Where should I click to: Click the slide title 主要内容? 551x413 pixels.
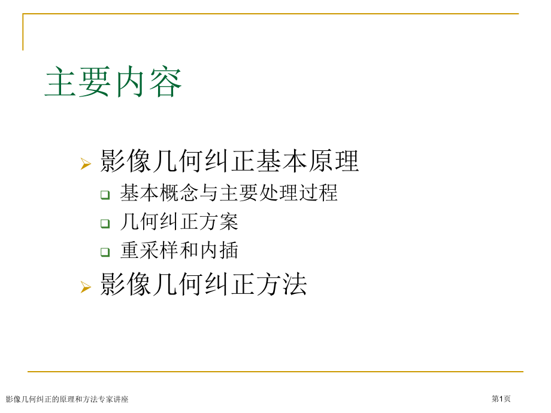tap(114, 83)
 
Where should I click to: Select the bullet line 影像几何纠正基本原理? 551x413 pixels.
tap(230, 162)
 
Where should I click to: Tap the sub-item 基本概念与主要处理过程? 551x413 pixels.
tap(229, 193)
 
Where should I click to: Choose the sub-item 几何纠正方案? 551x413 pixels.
tap(179, 221)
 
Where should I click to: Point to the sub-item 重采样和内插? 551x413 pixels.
tap(179, 250)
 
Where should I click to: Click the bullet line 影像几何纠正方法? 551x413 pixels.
tap(204, 284)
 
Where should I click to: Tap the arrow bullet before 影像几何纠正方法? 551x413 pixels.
tap(86, 287)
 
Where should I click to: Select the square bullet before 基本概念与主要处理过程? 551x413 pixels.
tap(105, 195)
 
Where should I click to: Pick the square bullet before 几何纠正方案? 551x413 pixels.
tap(105, 223)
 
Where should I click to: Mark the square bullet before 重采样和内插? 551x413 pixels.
tap(105, 252)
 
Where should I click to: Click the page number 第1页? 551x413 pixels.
tap(501, 399)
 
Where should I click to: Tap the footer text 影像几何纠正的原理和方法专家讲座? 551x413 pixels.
tap(67, 399)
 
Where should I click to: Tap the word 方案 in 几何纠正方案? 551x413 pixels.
tap(219, 221)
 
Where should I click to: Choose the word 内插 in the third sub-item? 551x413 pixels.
tap(219, 250)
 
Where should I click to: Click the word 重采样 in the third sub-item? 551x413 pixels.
tap(149, 250)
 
